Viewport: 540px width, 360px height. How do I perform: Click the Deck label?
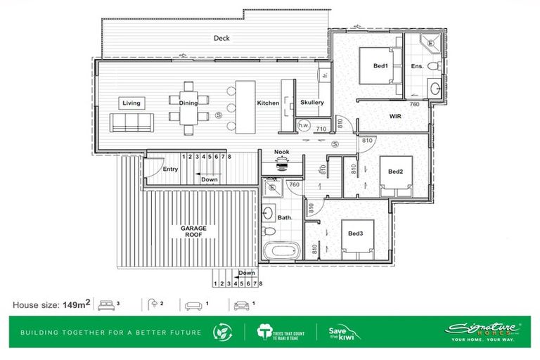[222, 39]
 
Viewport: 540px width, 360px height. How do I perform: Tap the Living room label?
[131, 103]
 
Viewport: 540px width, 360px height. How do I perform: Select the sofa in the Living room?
[131, 123]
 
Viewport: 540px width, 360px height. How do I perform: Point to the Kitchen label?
[268, 103]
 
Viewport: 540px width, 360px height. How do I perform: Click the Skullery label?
[311, 103]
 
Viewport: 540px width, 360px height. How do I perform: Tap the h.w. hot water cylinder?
[304, 126]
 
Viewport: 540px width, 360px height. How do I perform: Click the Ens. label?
[417, 67]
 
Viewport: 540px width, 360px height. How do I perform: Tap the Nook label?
[282, 151]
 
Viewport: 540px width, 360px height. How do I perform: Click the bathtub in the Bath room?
[281, 250]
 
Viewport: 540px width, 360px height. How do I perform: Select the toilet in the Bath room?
[268, 231]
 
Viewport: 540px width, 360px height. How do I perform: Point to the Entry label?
[170, 169]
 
